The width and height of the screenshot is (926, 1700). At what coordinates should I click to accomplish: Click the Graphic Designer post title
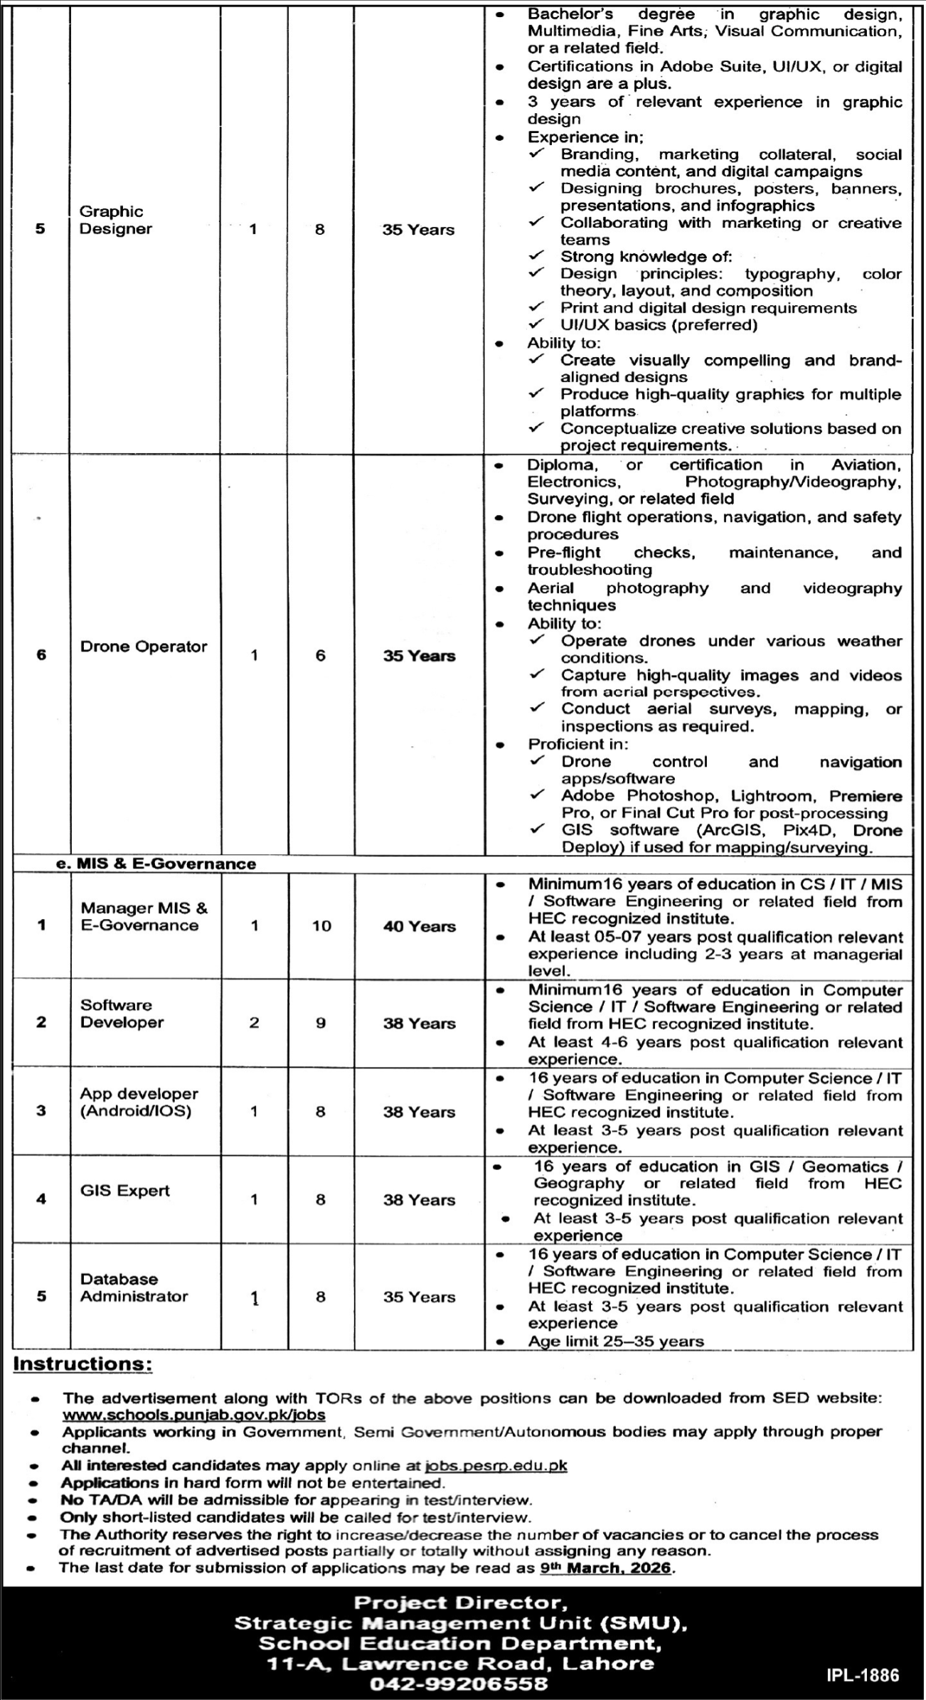point(115,220)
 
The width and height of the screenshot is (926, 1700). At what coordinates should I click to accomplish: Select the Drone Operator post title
point(144,647)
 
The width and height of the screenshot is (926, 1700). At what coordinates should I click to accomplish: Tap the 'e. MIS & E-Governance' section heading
point(156,864)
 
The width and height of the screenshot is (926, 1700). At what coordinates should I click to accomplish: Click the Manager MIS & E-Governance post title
point(144,917)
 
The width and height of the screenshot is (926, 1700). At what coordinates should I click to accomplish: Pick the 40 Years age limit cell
point(419,926)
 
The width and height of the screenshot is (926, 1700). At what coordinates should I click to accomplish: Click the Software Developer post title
point(122,1014)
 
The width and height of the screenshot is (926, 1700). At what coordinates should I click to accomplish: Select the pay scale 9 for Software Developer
point(321,1023)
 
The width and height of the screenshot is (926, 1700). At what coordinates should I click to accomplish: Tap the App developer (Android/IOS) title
point(139,1102)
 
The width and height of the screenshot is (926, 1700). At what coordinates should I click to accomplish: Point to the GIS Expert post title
point(125,1191)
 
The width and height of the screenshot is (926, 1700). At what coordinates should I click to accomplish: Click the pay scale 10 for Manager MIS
point(321,926)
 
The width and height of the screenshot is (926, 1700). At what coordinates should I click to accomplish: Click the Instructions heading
point(83,1364)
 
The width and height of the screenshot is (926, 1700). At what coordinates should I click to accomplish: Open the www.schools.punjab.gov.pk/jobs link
point(193,1415)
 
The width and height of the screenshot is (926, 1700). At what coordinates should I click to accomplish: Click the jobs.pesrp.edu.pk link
point(495,1465)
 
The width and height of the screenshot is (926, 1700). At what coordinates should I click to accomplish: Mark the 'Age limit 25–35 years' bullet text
point(615,1342)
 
